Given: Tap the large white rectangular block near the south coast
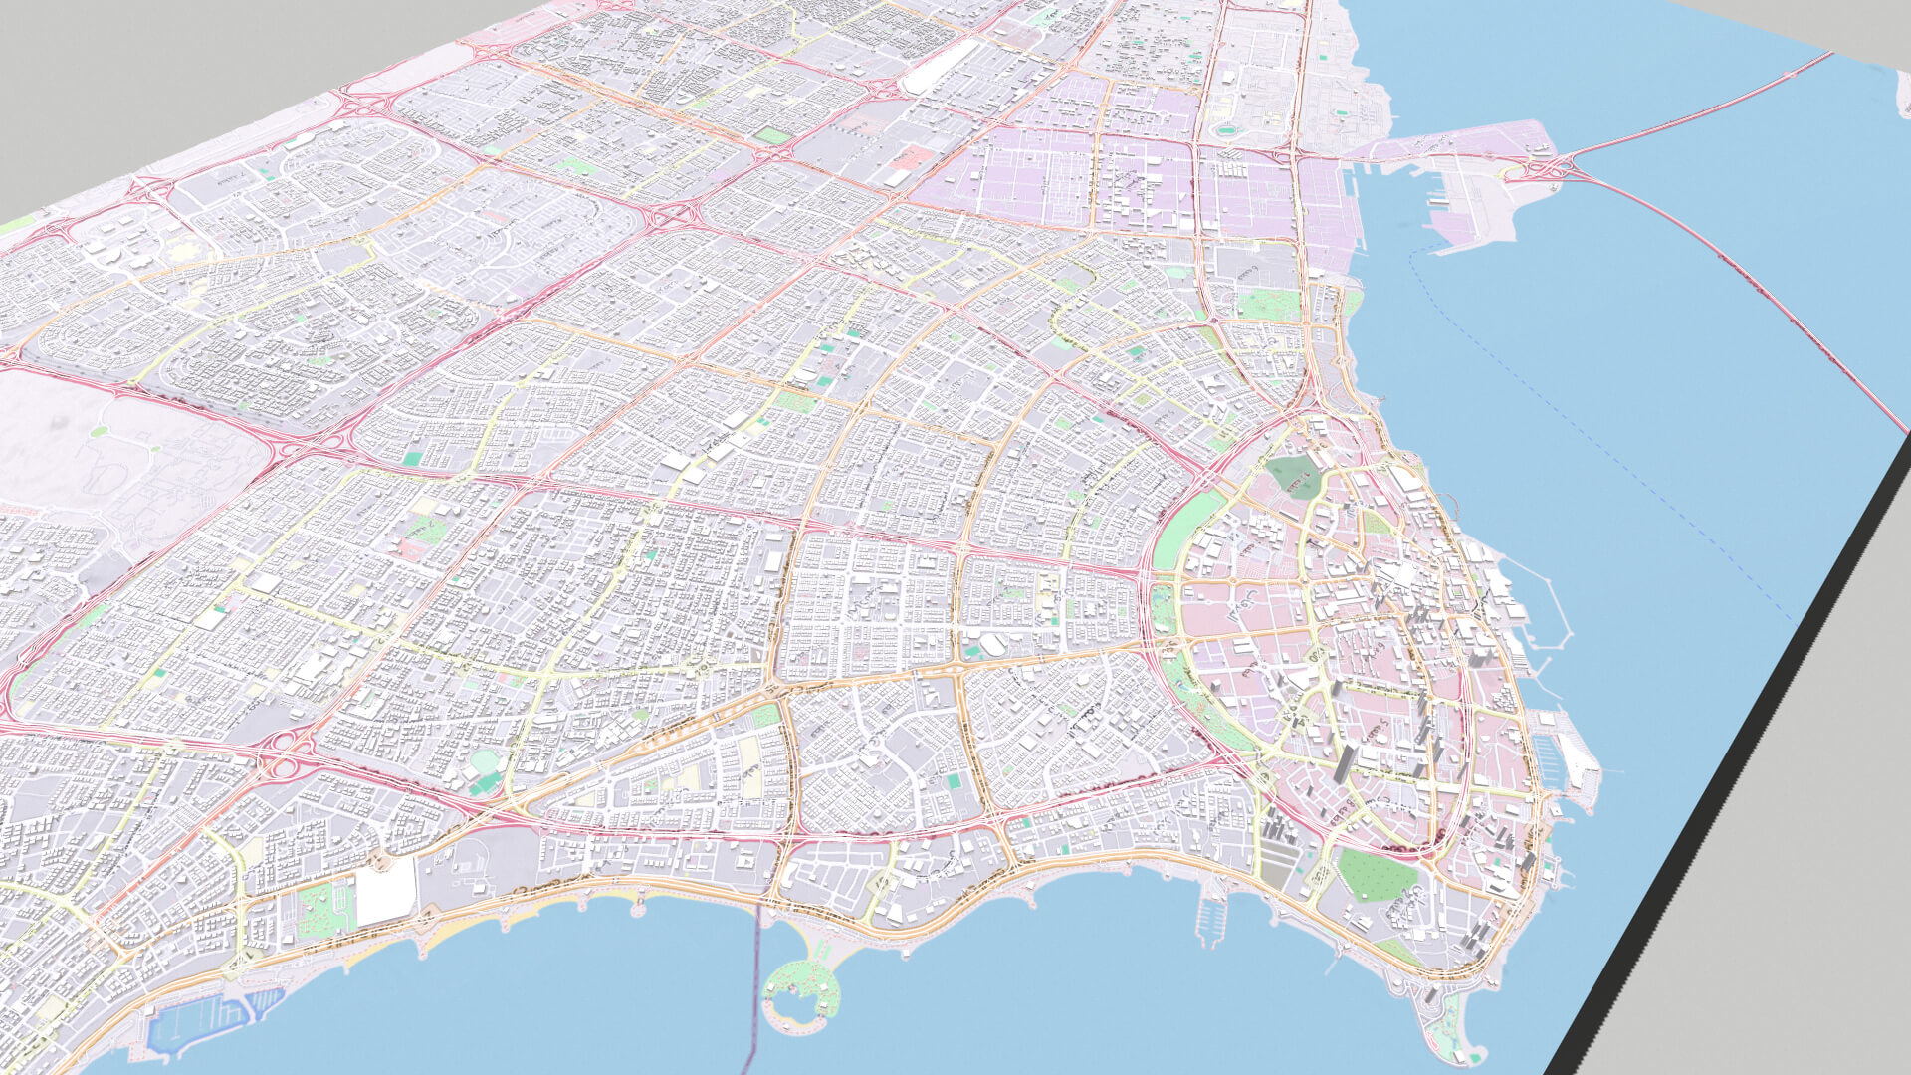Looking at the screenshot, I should pyautogui.click(x=385, y=890).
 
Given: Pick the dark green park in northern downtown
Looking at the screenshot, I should pyautogui.click(x=1294, y=477).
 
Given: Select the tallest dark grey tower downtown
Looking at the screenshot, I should pyautogui.click(x=1344, y=761).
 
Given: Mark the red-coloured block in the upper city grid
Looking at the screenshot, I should pyautogui.click(x=911, y=157).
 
